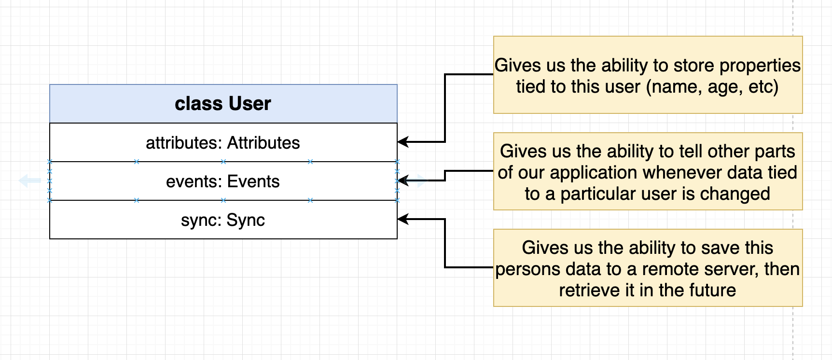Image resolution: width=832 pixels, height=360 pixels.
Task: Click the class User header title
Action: [x=223, y=104]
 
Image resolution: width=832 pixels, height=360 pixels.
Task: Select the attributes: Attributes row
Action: [x=223, y=142]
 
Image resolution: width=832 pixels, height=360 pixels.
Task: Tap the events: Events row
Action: [x=223, y=181]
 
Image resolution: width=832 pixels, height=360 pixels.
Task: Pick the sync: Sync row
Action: [x=223, y=220]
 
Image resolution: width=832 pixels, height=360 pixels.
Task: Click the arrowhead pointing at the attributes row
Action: [x=403, y=142]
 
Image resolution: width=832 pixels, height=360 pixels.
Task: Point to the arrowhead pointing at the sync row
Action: [x=403, y=219]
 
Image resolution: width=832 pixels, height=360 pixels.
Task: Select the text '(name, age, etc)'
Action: [x=712, y=87]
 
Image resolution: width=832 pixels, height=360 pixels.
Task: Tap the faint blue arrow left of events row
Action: [x=30, y=181]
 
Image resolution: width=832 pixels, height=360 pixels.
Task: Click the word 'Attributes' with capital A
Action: [x=263, y=143]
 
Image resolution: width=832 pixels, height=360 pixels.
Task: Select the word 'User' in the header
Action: [x=250, y=104]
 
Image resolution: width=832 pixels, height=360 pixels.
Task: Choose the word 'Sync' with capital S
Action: [x=246, y=220]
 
